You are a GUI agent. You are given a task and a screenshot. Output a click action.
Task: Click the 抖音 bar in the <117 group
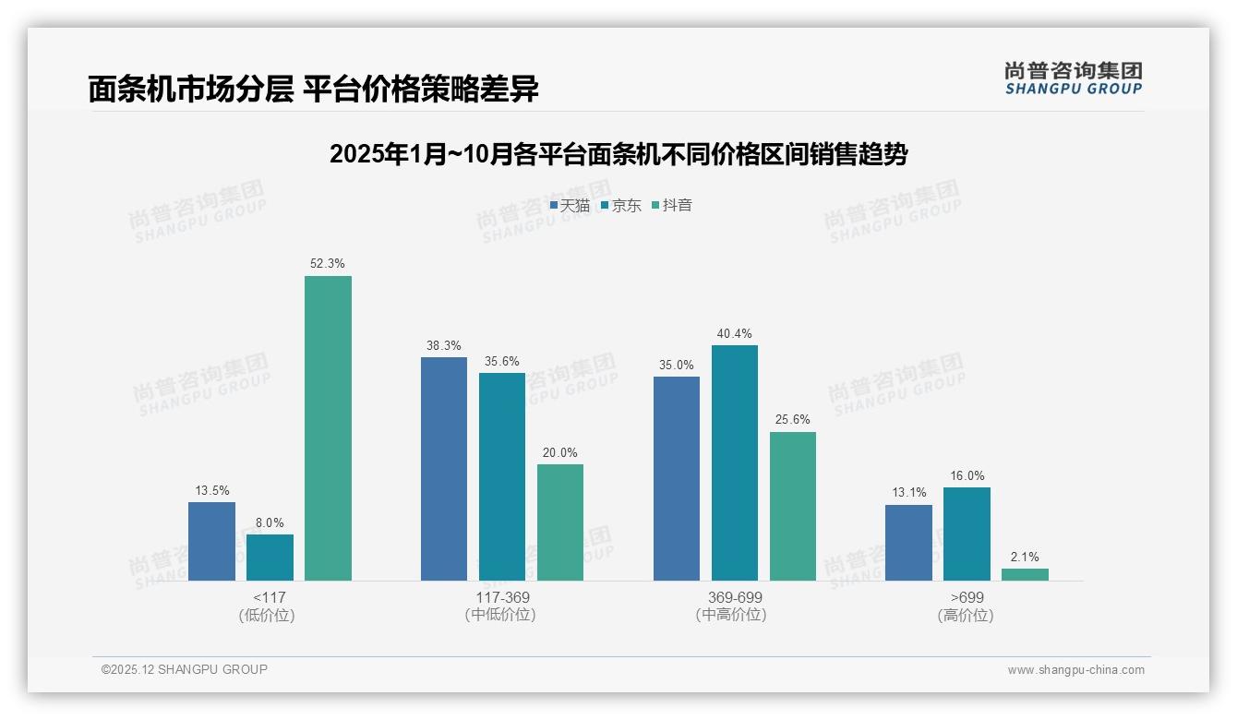[328, 428]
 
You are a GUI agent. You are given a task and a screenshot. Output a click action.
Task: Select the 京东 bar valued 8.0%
[270, 558]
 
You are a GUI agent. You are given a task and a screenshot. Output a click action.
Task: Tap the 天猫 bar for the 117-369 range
[444, 469]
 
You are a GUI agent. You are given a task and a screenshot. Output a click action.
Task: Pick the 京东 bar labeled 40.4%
[735, 462]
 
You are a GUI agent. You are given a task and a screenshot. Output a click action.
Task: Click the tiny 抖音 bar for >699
[1025, 574]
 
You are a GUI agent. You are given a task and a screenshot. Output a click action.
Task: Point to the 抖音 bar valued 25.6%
[793, 506]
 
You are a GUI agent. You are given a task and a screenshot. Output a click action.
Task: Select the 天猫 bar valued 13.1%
[908, 543]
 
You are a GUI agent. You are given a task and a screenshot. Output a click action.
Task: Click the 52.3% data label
[328, 264]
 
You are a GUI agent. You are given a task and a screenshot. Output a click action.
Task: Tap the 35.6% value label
[502, 361]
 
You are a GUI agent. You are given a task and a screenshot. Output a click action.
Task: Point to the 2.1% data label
[1025, 557]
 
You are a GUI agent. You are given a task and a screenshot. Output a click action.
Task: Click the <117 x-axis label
[270, 597]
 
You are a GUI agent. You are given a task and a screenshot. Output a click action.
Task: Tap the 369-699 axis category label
[735, 597]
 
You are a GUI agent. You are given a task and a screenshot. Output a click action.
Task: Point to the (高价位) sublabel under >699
[967, 615]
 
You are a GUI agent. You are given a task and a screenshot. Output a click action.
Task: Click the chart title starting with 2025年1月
[618, 154]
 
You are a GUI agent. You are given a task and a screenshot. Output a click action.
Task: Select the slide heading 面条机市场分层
[313, 90]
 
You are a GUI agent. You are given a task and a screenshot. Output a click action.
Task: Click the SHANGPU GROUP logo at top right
[1074, 78]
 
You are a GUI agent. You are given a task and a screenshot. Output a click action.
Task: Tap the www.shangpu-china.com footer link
[1075, 670]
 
